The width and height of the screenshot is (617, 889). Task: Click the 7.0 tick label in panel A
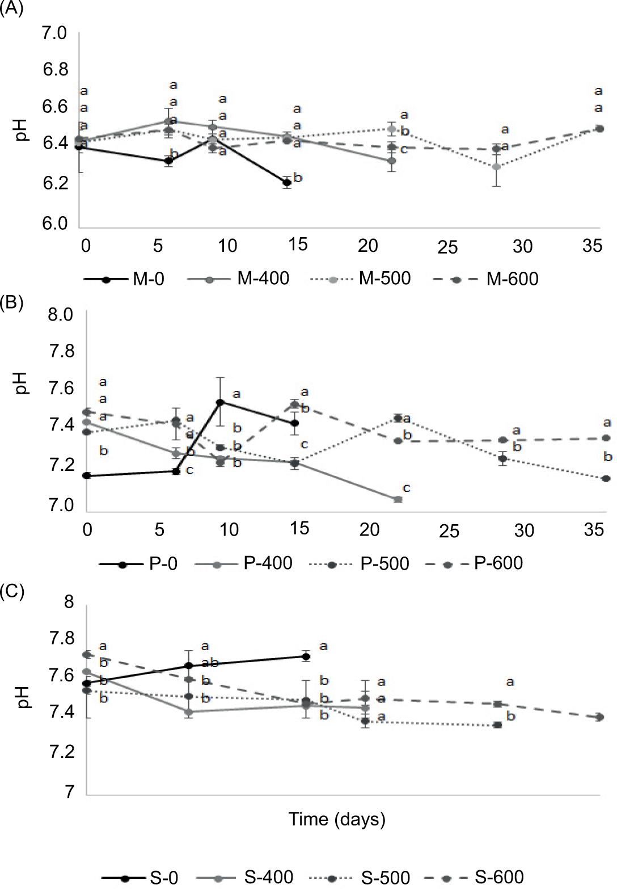pos(54,33)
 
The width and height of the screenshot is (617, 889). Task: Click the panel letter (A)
pos(11,9)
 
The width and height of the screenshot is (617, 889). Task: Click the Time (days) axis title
pos(337,819)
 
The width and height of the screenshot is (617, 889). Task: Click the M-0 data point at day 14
pos(287,183)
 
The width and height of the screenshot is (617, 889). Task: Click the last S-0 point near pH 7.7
pos(306,657)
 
